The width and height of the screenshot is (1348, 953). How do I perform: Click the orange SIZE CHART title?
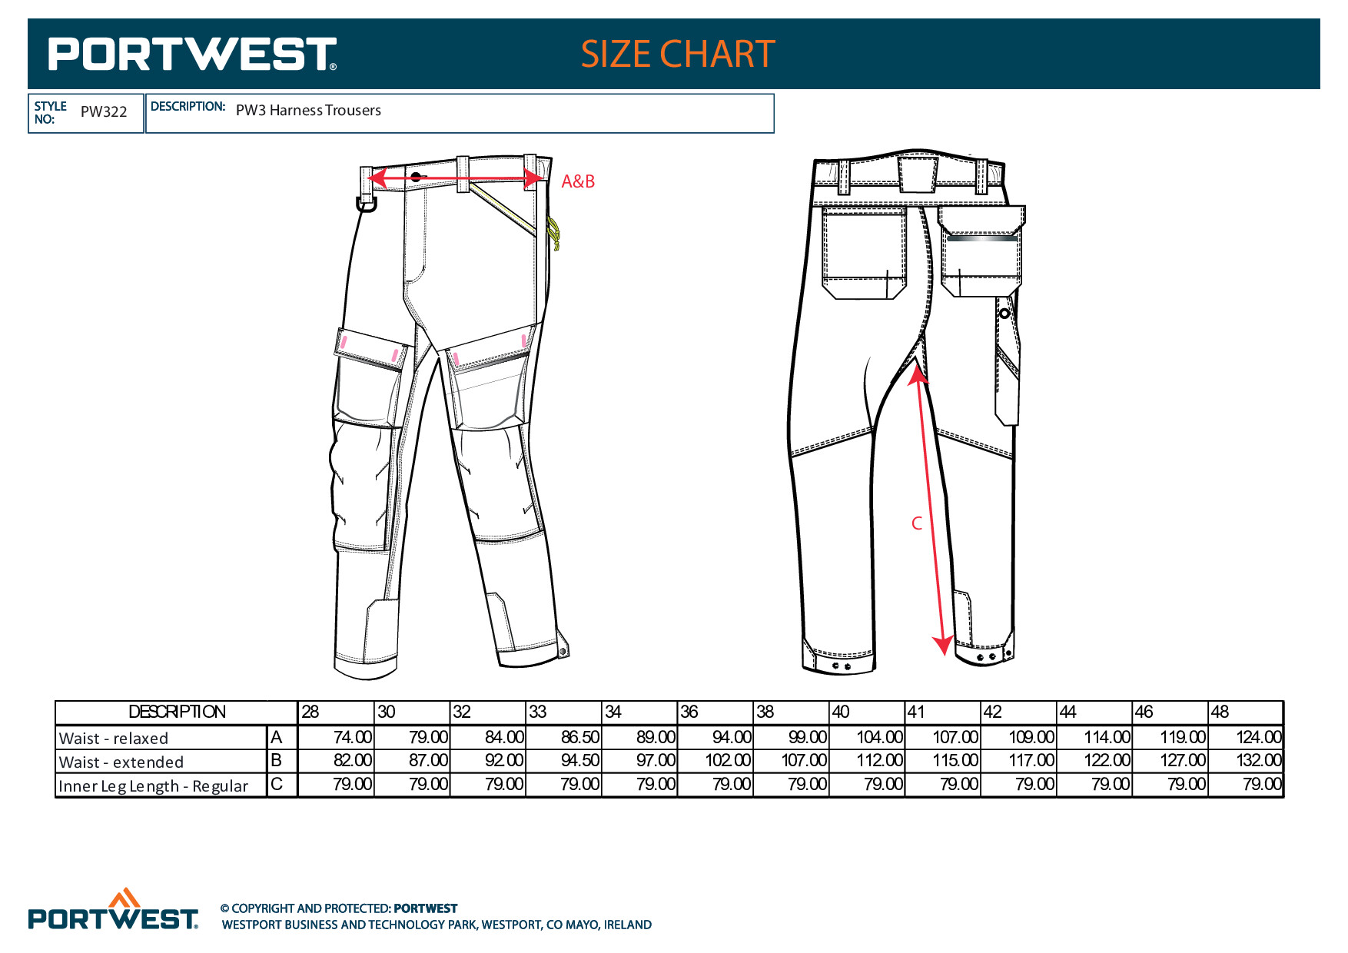coord(678,54)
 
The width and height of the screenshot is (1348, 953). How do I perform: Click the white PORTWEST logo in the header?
coord(193,54)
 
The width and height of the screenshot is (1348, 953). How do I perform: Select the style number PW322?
coord(104,111)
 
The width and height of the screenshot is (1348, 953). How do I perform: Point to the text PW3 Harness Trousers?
coord(308,110)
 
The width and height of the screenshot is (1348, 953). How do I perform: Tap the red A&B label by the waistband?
coord(578,181)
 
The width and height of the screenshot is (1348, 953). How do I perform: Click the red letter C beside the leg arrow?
coord(916,523)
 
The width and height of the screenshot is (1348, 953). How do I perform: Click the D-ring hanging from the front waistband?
coord(367,204)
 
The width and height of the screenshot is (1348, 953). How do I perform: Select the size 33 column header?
coord(538,712)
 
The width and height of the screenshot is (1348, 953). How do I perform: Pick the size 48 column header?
coord(1220,712)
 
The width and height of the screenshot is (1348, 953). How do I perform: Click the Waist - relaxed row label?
coord(114,739)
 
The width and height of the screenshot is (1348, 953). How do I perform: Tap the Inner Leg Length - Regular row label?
coord(154,786)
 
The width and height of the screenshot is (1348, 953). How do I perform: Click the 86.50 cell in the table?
coord(580,737)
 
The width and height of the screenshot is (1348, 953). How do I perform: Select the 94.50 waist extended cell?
coord(580,761)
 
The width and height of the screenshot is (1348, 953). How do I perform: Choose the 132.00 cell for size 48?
coord(1259,761)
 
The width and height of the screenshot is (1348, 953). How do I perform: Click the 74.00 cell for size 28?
coord(353,737)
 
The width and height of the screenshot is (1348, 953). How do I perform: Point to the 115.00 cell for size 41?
coord(955,761)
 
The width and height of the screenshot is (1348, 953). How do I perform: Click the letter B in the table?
coord(277,761)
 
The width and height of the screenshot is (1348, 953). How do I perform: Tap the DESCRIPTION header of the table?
coord(178,712)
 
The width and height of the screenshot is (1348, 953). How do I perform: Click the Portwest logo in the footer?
coord(114,909)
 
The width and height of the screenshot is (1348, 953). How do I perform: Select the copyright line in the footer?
coord(339,908)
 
